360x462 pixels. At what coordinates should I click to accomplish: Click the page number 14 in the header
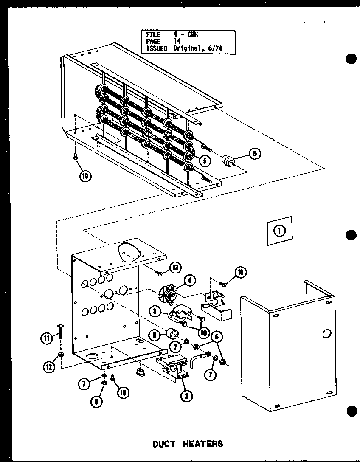tap(177, 41)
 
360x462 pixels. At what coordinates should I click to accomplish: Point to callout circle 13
tap(174, 268)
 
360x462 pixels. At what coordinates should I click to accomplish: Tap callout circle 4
tap(189, 280)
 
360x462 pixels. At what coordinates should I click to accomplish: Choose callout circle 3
tap(157, 311)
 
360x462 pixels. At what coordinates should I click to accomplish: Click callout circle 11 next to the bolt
tap(46, 338)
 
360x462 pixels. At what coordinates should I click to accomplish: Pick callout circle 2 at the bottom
tap(186, 396)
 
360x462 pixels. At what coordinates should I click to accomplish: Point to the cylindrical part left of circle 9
tap(229, 161)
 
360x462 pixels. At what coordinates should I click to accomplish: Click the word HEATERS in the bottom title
tap(203, 444)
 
